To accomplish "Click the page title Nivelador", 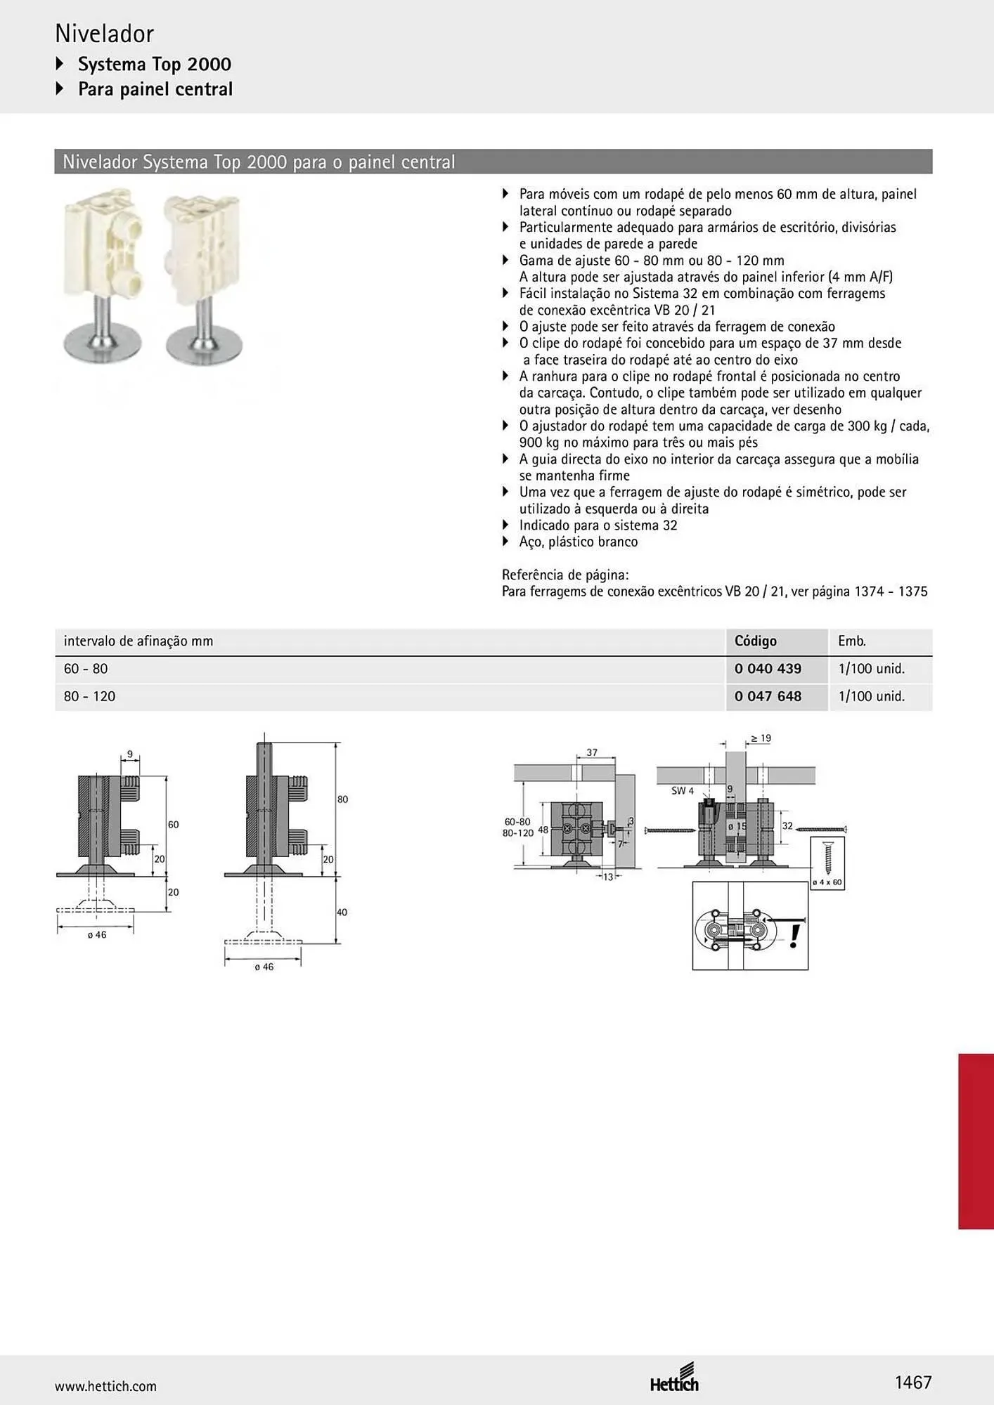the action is pyautogui.click(x=104, y=34).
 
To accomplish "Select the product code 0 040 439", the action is pyautogui.click(x=768, y=669).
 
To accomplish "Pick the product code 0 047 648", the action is pyautogui.click(x=768, y=696).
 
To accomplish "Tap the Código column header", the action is pyautogui.click(x=756, y=641).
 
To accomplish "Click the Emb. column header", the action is pyautogui.click(x=852, y=641).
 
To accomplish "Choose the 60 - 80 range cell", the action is pyautogui.click(x=86, y=669).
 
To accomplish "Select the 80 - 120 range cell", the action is pyautogui.click(x=89, y=696).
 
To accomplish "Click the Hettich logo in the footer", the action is pyautogui.click(x=674, y=1378).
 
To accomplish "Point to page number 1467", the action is pyautogui.click(x=913, y=1383).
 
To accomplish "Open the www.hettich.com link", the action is pyautogui.click(x=105, y=1386).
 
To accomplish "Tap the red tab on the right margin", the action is pyautogui.click(x=976, y=1141).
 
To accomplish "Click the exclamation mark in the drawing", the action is pyautogui.click(x=794, y=936).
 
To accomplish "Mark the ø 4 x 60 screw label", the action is pyautogui.click(x=827, y=882).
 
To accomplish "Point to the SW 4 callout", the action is pyautogui.click(x=682, y=791).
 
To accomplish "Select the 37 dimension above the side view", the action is pyautogui.click(x=592, y=752).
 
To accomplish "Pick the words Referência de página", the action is pyautogui.click(x=565, y=575).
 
